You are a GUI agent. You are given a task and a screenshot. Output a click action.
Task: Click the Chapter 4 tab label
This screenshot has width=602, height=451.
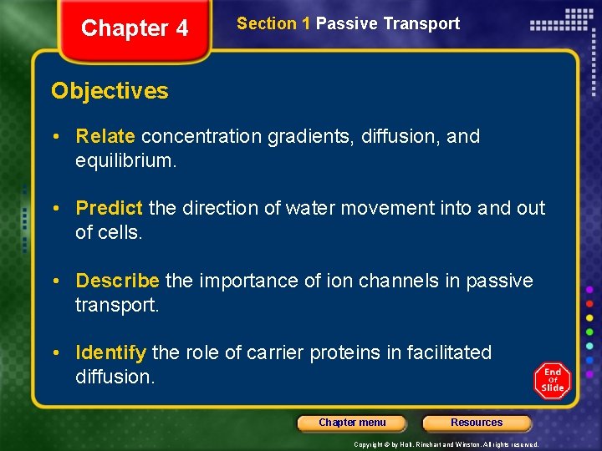pyautogui.click(x=135, y=28)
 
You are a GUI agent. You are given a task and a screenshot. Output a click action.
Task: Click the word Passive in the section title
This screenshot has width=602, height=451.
pyautogui.click(x=346, y=23)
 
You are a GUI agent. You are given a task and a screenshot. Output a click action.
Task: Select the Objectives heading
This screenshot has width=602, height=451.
pyautogui.click(x=110, y=91)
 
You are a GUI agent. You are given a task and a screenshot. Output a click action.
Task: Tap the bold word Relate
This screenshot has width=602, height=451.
pyautogui.click(x=105, y=136)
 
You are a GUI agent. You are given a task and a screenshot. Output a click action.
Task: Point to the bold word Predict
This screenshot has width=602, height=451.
pyautogui.click(x=110, y=208)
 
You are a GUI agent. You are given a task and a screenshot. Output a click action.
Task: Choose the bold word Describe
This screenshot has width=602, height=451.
pyautogui.click(x=117, y=281)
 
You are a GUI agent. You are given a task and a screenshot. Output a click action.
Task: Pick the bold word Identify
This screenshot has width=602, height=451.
pyautogui.click(x=110, y=352)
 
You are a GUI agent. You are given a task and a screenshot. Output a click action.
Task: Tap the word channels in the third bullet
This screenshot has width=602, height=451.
pyautogui.click(x=395, y=281)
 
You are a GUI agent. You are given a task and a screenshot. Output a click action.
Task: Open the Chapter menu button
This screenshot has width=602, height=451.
pyautogui.click(x=352, y=423)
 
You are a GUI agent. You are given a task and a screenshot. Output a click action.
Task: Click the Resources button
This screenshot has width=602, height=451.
pyautogui.click(x=477, y=423)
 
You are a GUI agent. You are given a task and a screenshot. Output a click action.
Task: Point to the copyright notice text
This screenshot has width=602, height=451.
pyautogui.click(x=446, y=444)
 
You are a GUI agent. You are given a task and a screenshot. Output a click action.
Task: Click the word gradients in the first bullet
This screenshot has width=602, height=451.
pyautogui.click(x=309, y=136)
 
